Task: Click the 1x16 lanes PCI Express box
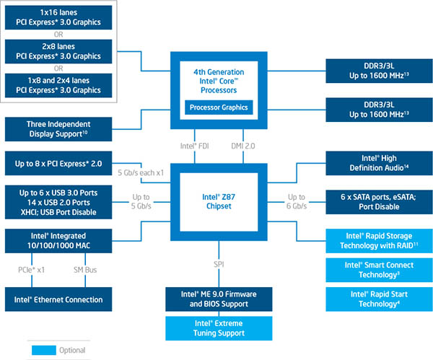point(60,19)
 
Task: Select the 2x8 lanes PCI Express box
point(60,51)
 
